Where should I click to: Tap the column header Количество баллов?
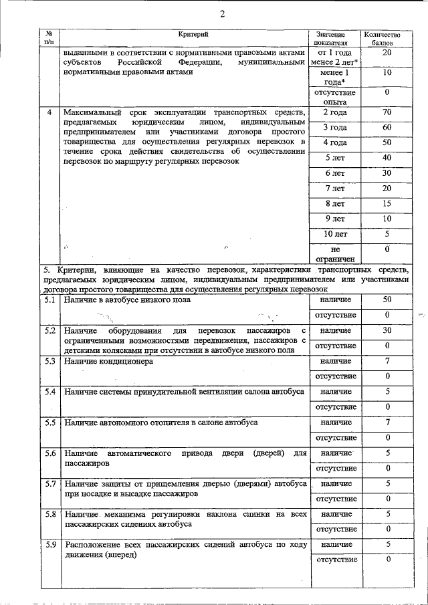[381, 38]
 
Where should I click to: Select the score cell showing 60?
[387, 127]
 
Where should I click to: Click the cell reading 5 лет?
[334, 158]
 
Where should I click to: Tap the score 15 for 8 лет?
[387, 203]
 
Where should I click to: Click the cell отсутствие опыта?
[334, 97]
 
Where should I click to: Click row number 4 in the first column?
[49, 112]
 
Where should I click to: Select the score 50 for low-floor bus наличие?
[387, 300]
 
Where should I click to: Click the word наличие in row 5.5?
[335, 422]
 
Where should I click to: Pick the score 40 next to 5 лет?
[387, 158]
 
